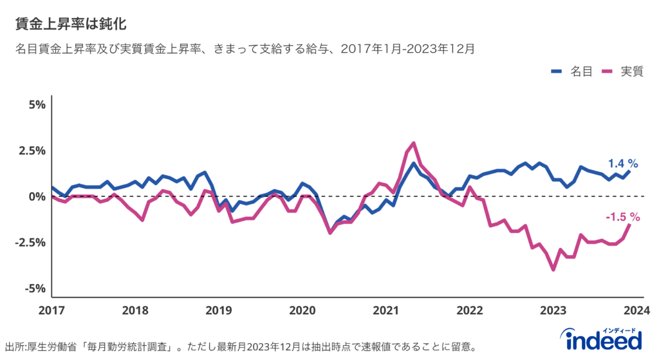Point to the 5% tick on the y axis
click(37, 104)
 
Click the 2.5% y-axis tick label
click(32, 150)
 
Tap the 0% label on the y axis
click(37, 196)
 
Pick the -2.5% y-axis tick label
click(30, 242)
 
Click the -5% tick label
click(35, 288)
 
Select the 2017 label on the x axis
click(51, 310)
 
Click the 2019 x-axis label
click(219, 310)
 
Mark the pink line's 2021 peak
click(414, 143)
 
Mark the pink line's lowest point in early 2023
click(553, 270)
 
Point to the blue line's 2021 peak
click(414, 163)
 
